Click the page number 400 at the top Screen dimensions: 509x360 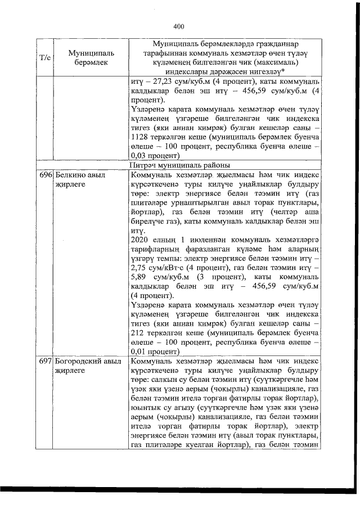click(x=179, y=26)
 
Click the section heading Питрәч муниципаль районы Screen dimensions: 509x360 click(x=179, y=165)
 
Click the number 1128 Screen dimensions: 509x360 click(x=139, y=136)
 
